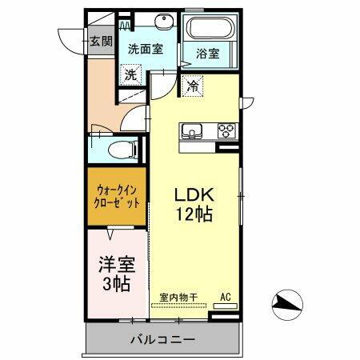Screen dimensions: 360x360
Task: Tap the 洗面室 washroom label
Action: click(x=146, y=48)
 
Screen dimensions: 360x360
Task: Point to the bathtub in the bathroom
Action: click(x=212, y=29)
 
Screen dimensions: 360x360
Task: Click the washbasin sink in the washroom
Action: click(x=150, y=22)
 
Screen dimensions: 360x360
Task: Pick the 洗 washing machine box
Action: click(x=130, y=75)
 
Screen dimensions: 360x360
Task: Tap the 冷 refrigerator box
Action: click(x=193, y=84)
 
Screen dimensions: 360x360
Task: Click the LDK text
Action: click(x=194, y=196)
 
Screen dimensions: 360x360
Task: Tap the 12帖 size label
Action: click(x=194, y=215)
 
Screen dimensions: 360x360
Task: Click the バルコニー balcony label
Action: click(x=163, y=340)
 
